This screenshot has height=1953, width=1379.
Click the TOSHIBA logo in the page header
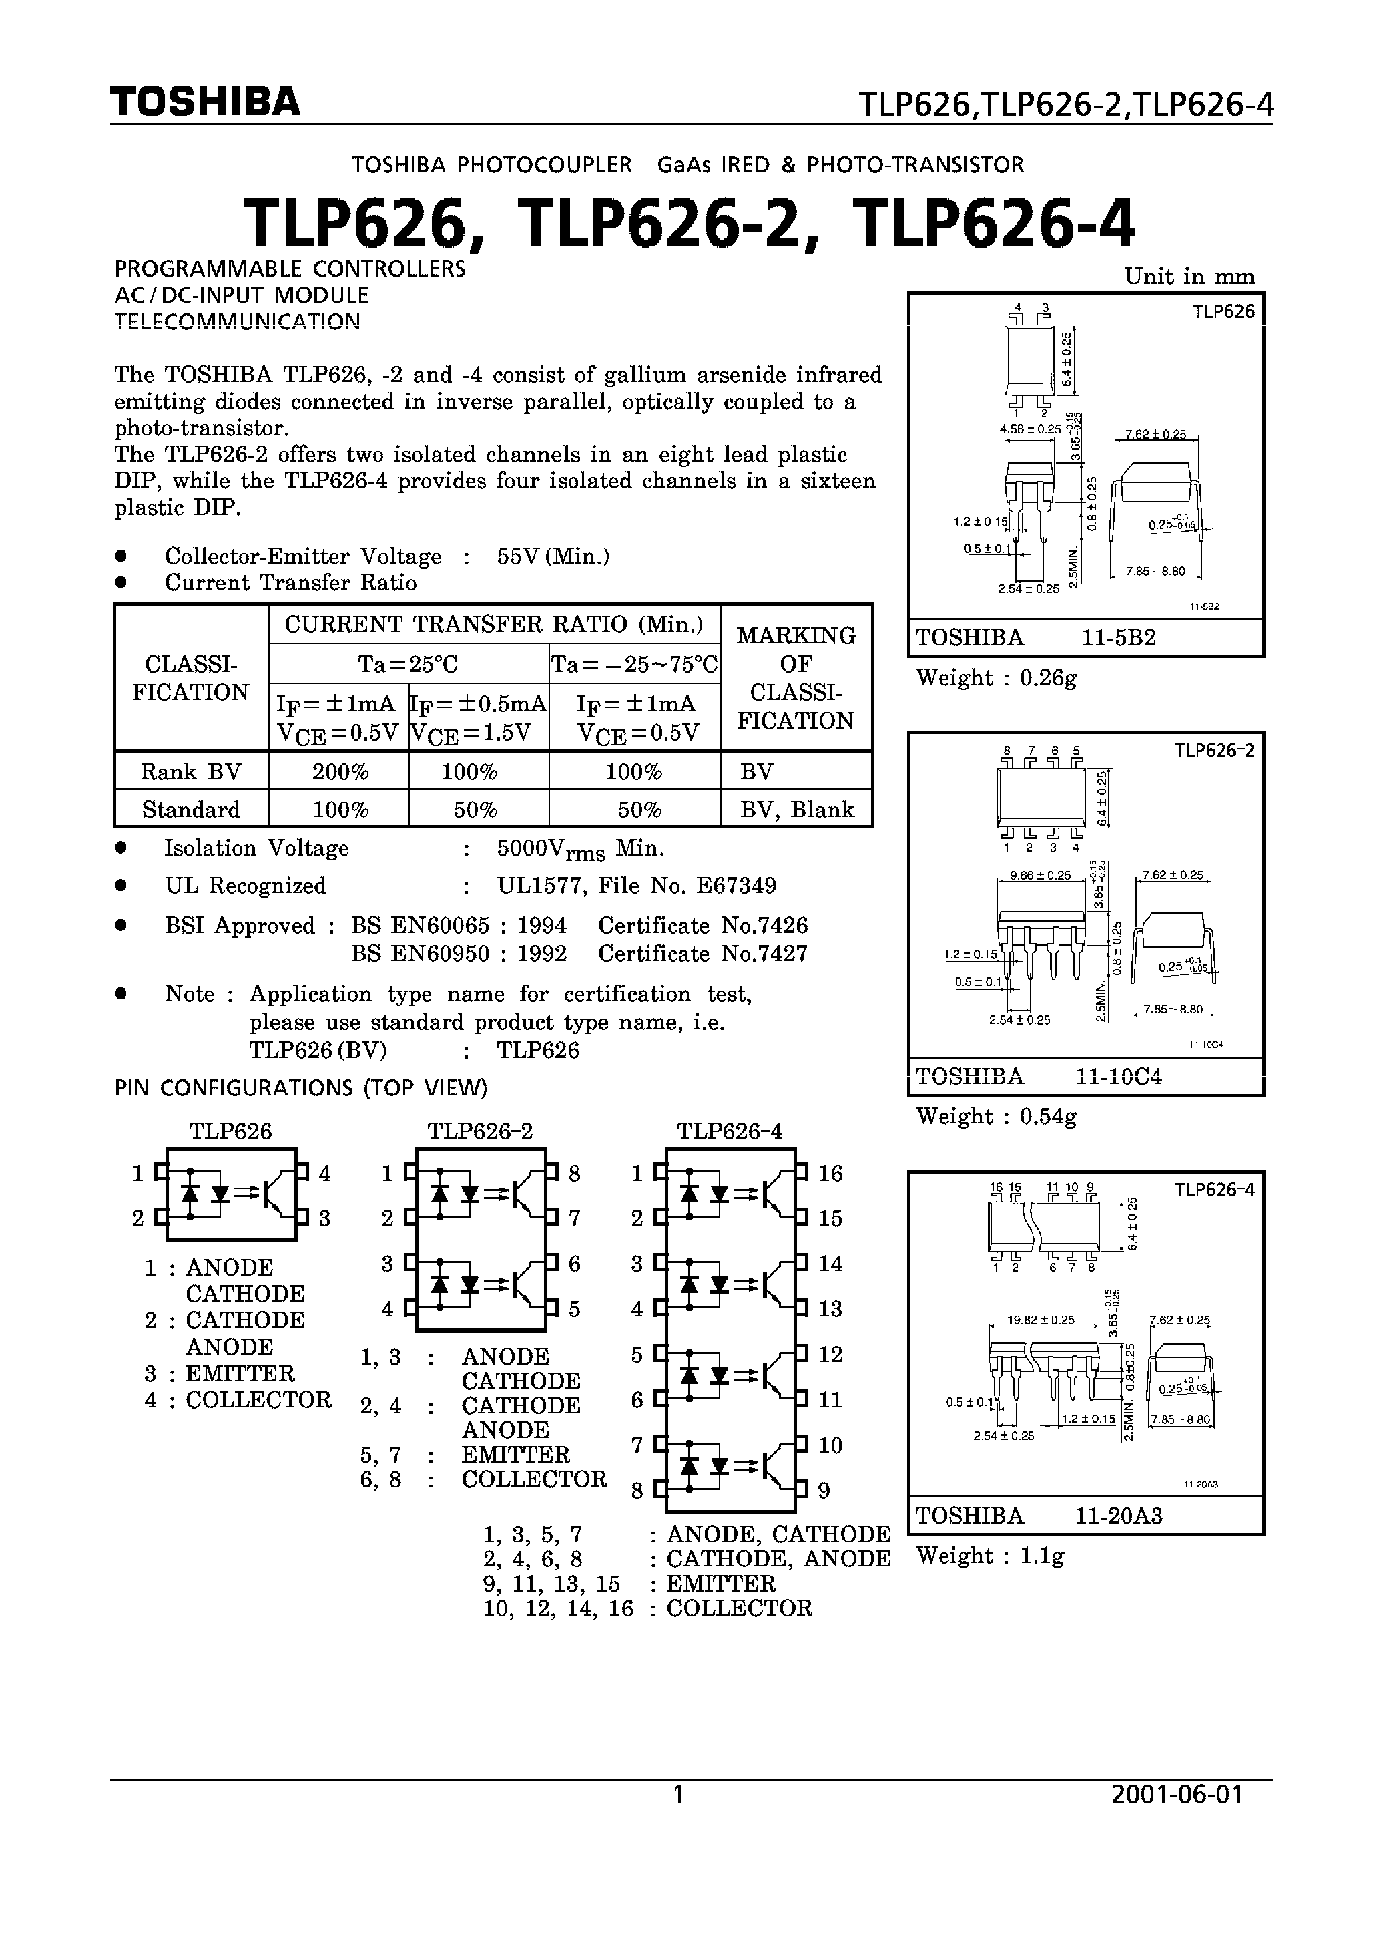click(x=205, y=102)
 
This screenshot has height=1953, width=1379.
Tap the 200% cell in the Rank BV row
click(x=339, y=772)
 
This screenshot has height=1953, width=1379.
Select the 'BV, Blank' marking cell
click(x=796, y=809)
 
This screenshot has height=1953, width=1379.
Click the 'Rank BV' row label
click(x=192, y=772)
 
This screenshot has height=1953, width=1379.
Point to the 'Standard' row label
click(x=192, y=809)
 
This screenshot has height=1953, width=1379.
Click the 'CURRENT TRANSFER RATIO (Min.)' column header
click(x=494, y=625)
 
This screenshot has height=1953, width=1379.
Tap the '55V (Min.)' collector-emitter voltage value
click(x=553, y=556)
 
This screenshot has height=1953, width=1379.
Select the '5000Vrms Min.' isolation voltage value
click(x=581, y=849)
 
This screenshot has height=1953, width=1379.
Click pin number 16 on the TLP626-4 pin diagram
click(x=830, y=1174)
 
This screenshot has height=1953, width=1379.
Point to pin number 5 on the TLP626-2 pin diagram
click(x=575, y=1309)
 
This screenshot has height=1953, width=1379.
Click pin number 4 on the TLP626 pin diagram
click(x=324, y=1174)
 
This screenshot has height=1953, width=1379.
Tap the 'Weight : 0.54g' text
click(x=997, y=1117)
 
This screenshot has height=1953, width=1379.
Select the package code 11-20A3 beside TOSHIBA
click(x=1118, y=1516)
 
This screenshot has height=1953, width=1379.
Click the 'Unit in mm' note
click(x=1189, y=277)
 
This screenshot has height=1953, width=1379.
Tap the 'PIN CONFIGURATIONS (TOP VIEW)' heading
click(x=301, y=1088)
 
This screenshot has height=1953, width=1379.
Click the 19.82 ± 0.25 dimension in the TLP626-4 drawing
click(x=1041, y=1320)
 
